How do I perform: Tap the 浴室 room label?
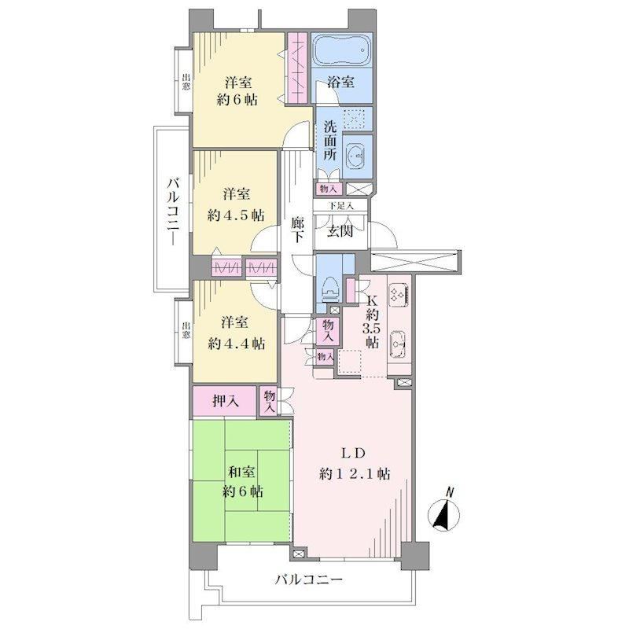(x=340, y=83)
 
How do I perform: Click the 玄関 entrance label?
(x=340, y=231)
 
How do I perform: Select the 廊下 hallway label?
(x=297, y=230)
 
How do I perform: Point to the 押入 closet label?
(x=226, y=400)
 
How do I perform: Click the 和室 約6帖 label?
(x=242, y=481)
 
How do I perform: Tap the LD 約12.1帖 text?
(x=355, y=464)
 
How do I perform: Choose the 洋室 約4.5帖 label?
(x=236, y=204)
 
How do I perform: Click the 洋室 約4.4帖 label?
(x=236, y=333)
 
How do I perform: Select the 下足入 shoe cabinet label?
(x=341, y=206)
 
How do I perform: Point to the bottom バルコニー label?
(x=309, y=579)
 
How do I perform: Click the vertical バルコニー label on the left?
(x=174, y=212)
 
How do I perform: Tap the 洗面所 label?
(x=330, y=141)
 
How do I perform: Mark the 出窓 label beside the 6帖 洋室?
(x=186, y=82)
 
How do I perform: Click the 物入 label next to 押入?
(x=270, y=401)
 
